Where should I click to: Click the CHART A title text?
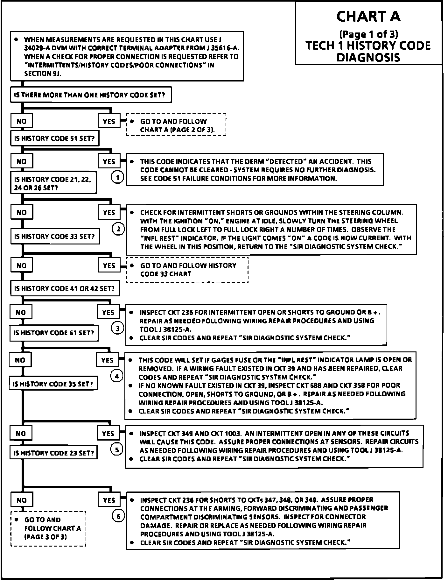click(368, 17)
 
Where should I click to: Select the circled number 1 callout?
click(118, 177)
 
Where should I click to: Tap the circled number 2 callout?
click(118, 229)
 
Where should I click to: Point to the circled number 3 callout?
click(117, 328)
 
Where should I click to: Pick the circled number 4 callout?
click(116, 376)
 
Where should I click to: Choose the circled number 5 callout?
click(117, 449)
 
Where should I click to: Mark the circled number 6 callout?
click(118, 516)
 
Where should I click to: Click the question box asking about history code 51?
click(55, 138)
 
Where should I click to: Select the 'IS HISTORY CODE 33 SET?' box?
click(55, 237)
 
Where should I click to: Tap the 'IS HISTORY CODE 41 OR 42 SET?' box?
click(65, 289)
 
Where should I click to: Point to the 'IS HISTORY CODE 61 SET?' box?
click(54, 333)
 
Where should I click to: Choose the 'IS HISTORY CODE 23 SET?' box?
click(54, 453)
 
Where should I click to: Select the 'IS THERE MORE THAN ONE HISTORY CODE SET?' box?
click(91, 95)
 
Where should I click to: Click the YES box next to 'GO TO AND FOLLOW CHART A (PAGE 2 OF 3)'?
click(109, 121)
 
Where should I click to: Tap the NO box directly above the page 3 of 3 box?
click(22, 500)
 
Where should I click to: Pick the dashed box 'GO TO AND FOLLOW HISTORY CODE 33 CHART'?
click(187, 270)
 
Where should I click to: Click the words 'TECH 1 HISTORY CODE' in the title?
click(368, 46)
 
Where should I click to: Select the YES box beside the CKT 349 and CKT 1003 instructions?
click(108, 434)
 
